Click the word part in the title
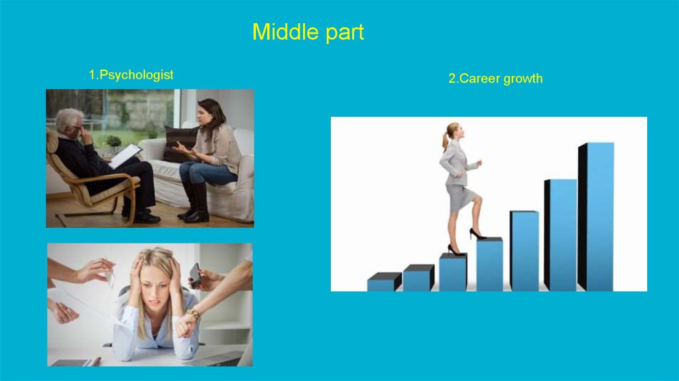point(344,33)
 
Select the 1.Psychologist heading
point(131,75)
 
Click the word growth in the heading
point(523,79)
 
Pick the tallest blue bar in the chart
point(596,217)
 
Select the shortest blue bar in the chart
point(385,281)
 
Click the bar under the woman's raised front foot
point(490,264)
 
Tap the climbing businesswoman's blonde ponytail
point(446,138)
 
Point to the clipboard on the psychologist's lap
point(125,156)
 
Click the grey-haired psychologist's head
point(70,121)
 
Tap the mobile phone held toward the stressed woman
point(196,275)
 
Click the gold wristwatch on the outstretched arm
point(194,313)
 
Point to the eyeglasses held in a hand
point(108,271)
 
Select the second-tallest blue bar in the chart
point(561,234)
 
